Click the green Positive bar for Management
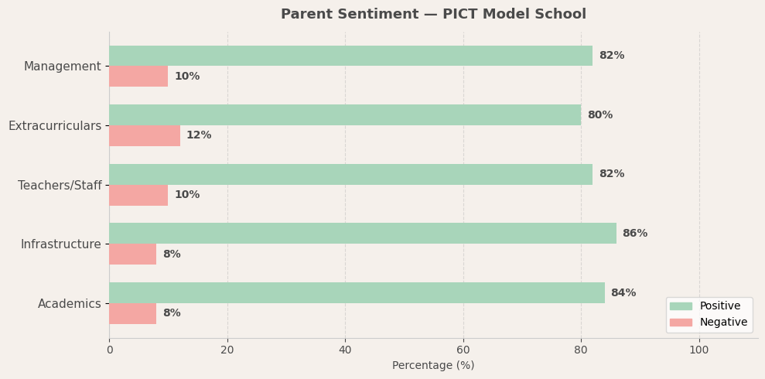pos(350,56)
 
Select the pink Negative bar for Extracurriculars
pos(145,135)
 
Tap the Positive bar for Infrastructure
pos(362,234)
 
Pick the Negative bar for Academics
pos(132,313)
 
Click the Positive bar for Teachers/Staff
pos(350,174)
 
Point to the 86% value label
pos(634,234)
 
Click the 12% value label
pos(199,135)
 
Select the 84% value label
pos(623,293)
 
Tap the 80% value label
pos(599,115)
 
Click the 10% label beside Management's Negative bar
pos(186,77)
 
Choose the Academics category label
pos(69,304)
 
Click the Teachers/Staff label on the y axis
pos(60,186)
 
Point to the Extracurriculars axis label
pos(54,126)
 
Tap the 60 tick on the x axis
pos(463,350)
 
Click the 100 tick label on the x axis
pos(698,350)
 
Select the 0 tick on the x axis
pos(109,350)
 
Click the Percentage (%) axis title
pos(433,366)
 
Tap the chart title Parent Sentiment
pos(433,14)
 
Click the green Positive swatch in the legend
pos(681,306)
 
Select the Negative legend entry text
pos(723,323)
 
